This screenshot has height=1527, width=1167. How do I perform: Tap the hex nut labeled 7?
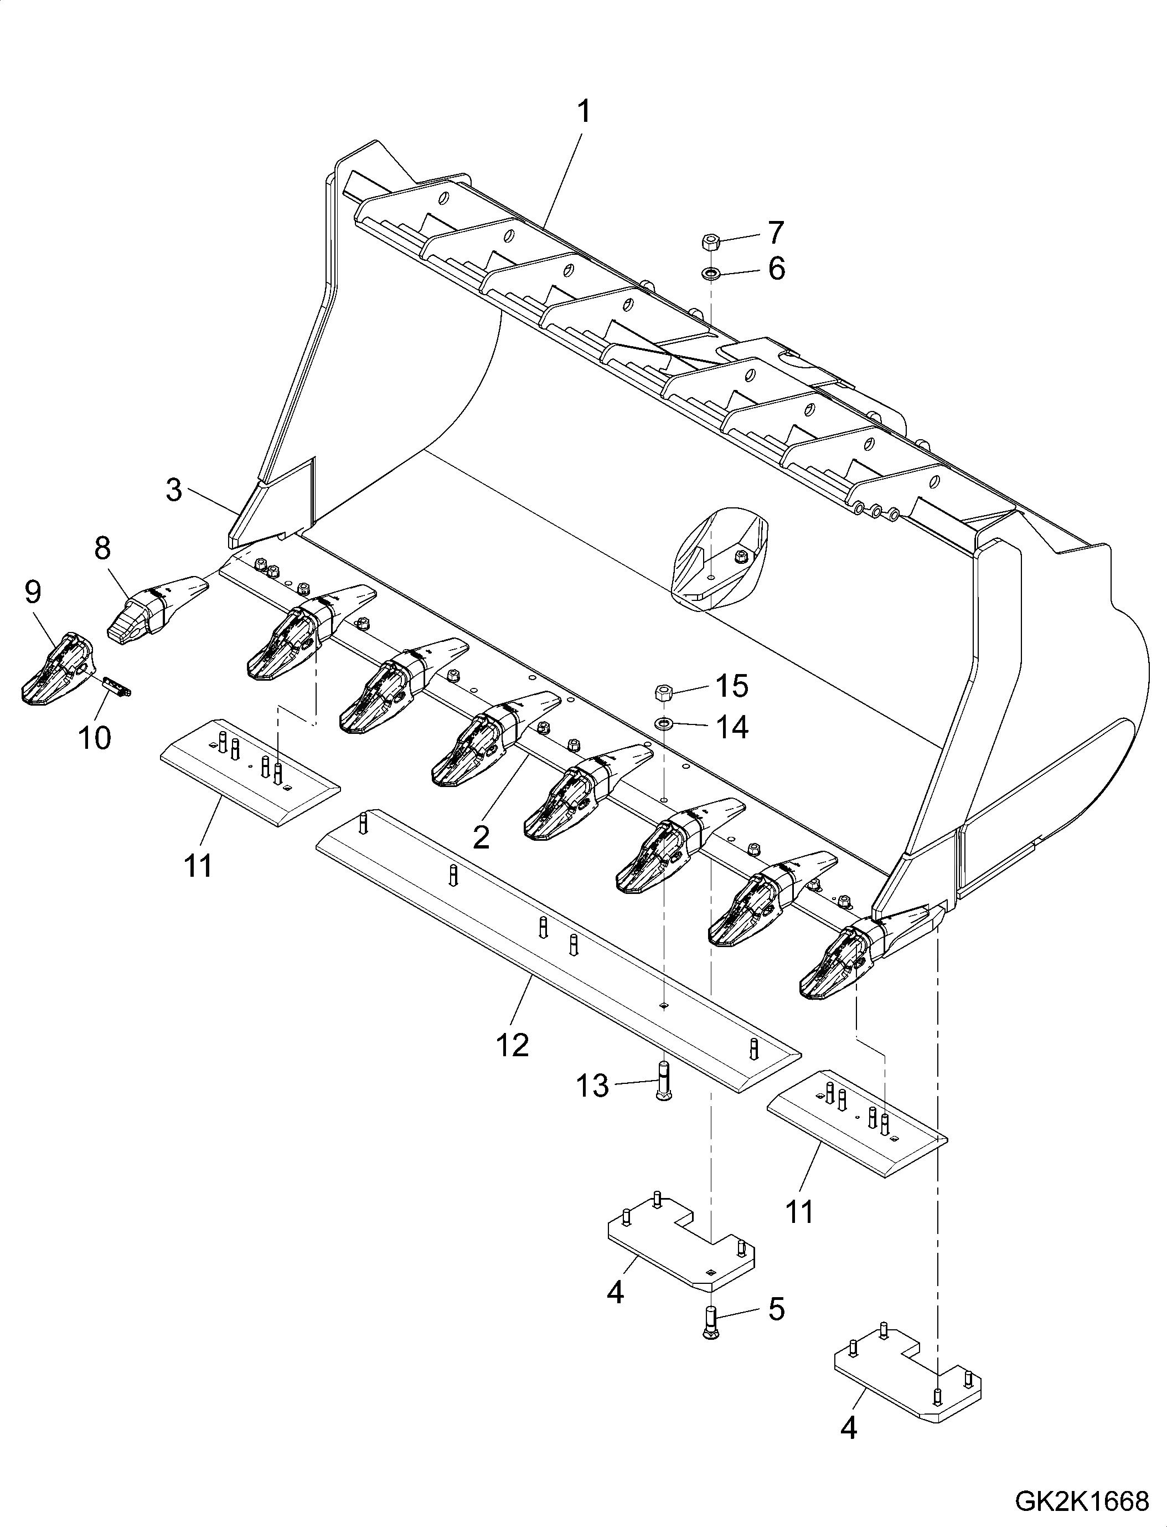710,243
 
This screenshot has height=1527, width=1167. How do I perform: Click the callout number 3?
174,490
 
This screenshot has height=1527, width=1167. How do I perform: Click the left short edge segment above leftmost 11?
250,775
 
